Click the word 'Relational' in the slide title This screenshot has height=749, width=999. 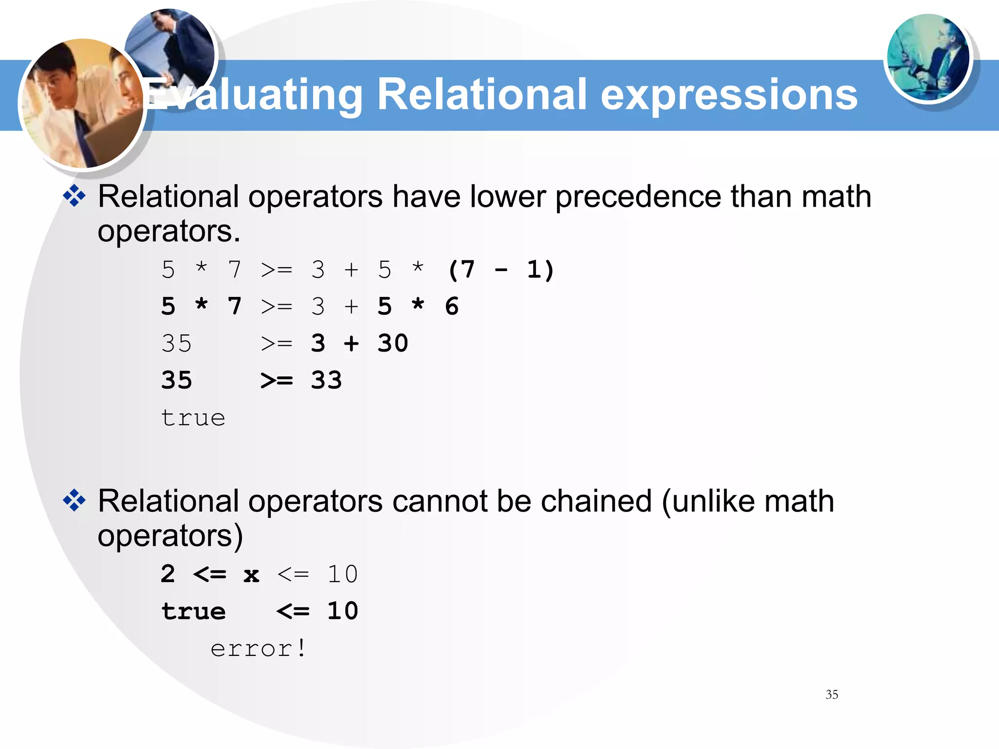coord(481,95)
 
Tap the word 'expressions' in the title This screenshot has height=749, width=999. coord(729,96)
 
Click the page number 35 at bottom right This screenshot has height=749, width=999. coord(832,694)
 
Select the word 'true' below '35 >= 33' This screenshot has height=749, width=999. coord(193,417)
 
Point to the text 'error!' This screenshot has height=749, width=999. coord(259,649)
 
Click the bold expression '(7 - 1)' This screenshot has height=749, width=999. coord(501,270)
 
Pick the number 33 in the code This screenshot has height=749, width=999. coord(326,380)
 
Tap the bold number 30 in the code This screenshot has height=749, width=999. coord(393,343)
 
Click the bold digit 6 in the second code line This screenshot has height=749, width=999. coord(452,306)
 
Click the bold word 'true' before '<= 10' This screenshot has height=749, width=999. coord(194,611)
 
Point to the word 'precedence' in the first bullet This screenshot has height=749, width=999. coord(638,197)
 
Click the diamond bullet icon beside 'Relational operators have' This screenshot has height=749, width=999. coord(74,196)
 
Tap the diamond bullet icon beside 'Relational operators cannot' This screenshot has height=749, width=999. coord(74,501)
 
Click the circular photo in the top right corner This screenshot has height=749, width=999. coord(928,58)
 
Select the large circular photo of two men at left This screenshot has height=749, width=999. coord(82,104)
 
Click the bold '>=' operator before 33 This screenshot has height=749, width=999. coord(277,380)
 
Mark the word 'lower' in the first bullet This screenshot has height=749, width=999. coord(507,197)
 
